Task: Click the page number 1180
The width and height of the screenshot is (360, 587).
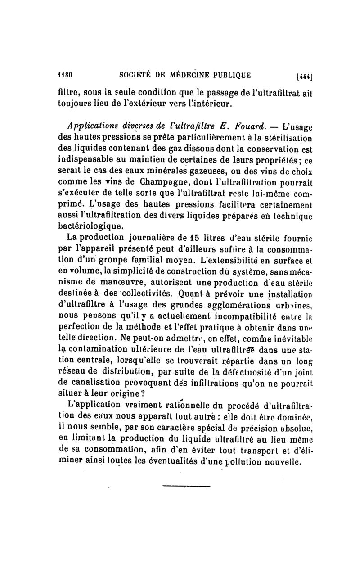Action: (x=66, y=74)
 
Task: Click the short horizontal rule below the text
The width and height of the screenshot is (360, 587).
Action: (x=186, y=485)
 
